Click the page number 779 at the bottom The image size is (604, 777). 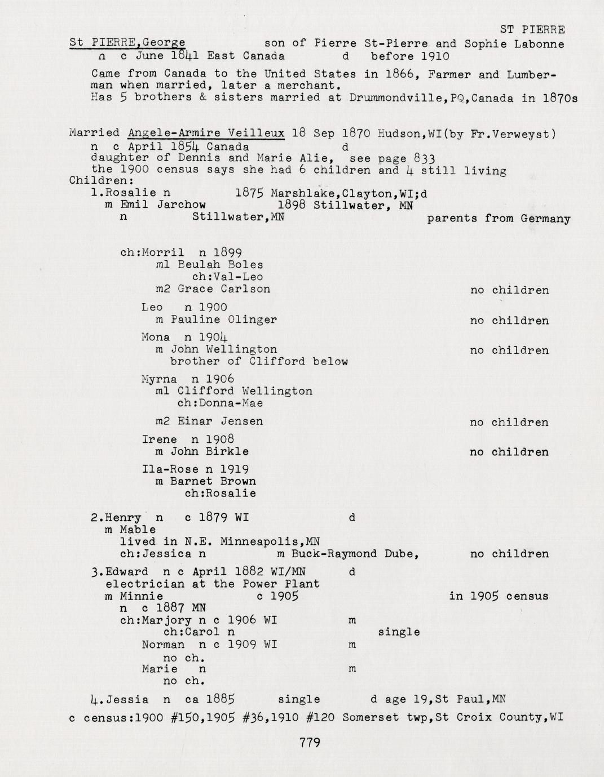pyautogui.click(x=310, y=743)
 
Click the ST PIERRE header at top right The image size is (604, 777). pyautogui.click(x=532, y=30)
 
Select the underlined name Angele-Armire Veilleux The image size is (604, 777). pyautogui.click(x=206, y=134)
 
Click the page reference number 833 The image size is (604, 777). pyautogui.click(x=424, y=158)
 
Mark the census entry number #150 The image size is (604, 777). pyautogui.click(x=183, y=718)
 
